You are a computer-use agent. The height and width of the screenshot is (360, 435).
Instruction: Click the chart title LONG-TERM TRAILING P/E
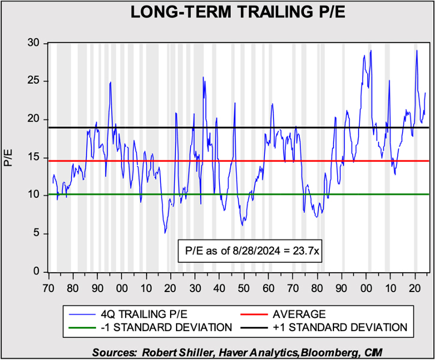pyautogui.click(x=217, y=13)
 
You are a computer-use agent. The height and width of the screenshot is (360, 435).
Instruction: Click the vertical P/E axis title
pyautogui.click(x=8, y=157)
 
